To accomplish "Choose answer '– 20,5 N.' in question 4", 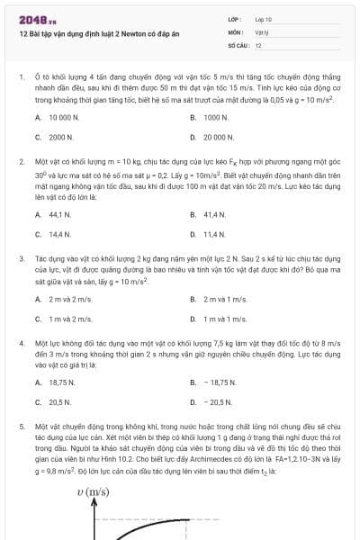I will click(217, 402).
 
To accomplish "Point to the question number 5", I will click(21, 423).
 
